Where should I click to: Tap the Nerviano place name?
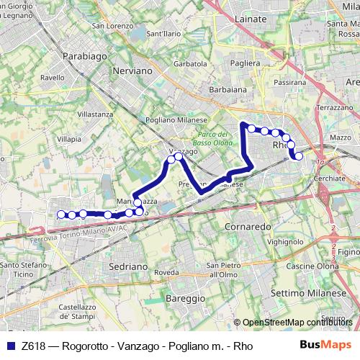132,71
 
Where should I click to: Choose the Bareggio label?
186,297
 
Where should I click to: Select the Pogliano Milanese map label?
176,120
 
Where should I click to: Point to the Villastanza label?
95,114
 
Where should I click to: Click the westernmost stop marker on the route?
61,214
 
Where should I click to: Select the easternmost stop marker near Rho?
299,156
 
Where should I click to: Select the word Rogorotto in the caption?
86,346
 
